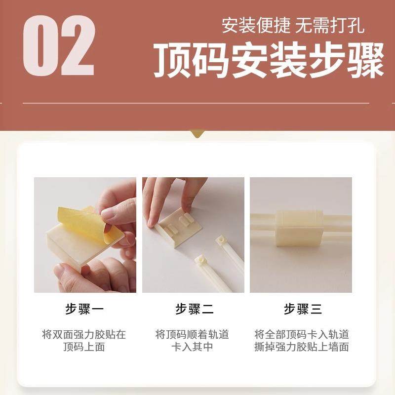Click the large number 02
[x=58, y=46]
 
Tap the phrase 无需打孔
[x=330, y=25]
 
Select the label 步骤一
[x=84, y=310]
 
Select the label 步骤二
[x=194, y=310]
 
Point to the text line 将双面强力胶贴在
[x=84, y=334]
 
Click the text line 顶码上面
[x=84, y=347]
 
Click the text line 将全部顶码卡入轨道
[x=302, y=334]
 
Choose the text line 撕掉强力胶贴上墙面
[x=302, y=347]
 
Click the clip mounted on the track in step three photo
[x=299, y=225]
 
